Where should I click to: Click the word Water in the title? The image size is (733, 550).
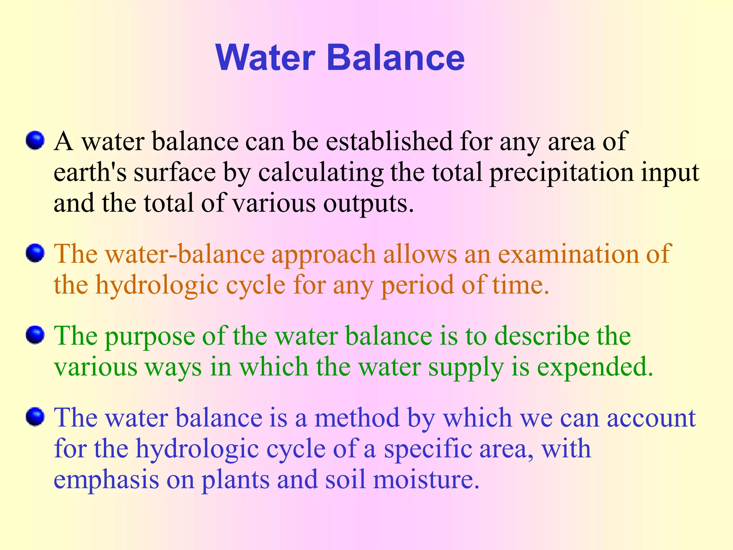[265, 58]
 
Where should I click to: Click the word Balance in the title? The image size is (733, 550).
[395, 58]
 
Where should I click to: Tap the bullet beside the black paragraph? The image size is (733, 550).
[35, 140]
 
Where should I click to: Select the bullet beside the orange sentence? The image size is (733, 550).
[35, 254]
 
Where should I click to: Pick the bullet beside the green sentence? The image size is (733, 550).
[35, 335]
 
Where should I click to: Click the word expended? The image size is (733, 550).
[595, 367]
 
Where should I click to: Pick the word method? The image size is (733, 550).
[357, 418]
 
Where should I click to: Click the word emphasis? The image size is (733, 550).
[106, 481]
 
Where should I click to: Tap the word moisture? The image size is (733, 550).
[426, 480]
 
